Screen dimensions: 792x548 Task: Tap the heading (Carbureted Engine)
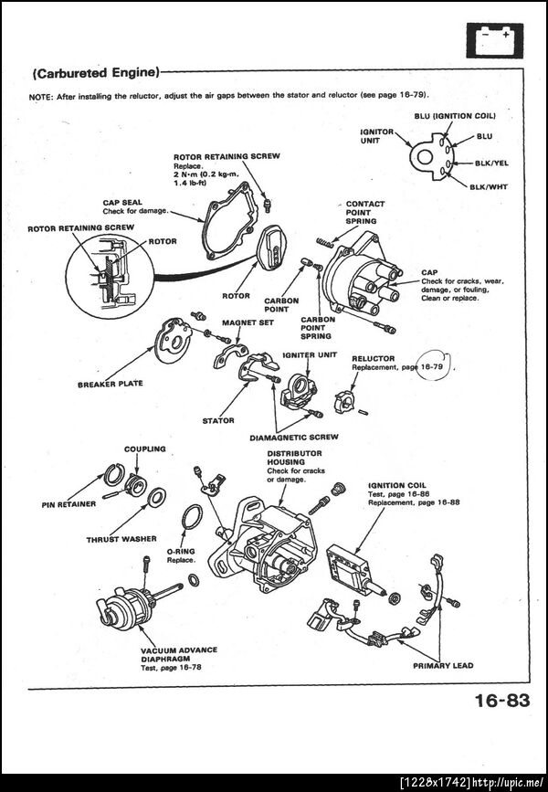[96, 71]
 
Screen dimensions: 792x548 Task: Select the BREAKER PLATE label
[110, 384]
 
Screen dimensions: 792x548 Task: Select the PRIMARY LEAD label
[443, 665]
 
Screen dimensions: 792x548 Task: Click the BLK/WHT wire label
[489, 186]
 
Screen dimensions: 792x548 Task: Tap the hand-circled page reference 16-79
[432, 366]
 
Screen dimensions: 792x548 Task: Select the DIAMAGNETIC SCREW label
[293, 437]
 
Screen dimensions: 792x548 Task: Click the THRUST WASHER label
[121, 539]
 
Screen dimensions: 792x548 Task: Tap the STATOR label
[218, 420]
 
